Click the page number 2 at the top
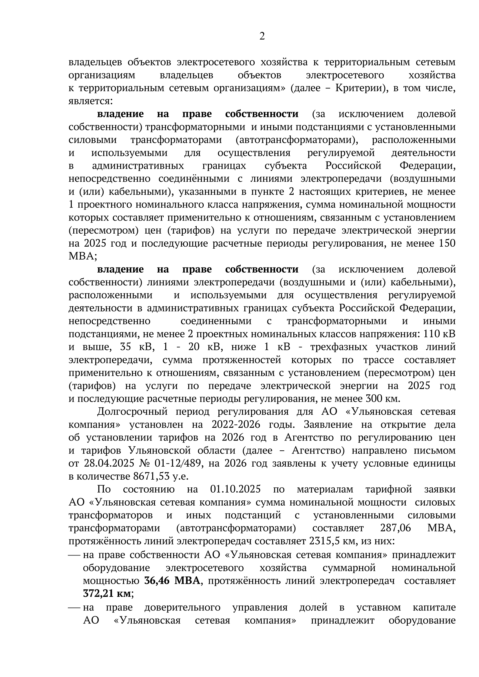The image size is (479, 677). coord(262,36)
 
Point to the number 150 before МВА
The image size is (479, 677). coord(447,243)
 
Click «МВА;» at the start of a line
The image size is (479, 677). coord(83,256)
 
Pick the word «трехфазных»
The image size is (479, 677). coord(339,347)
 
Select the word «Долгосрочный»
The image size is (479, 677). coord(132,412)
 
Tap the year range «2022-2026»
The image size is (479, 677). coord(236,425)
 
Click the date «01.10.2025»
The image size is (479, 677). coord(235,489)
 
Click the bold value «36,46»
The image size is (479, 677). coord(157,580)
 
